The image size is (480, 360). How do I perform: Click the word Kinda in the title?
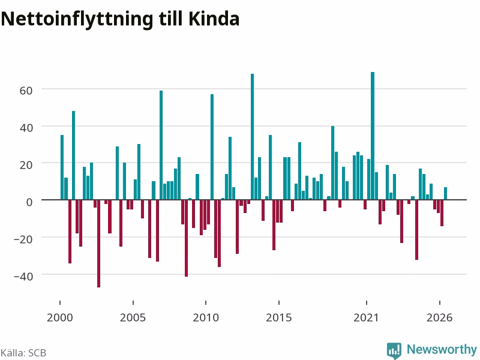(214, 19)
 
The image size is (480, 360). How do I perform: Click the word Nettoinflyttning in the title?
(77, 20)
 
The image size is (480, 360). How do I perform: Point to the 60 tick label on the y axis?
(26, 91)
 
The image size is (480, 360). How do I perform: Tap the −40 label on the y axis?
(23, 277)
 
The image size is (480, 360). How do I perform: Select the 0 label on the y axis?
(29, 202)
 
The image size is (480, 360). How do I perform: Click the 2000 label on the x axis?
(59, 317)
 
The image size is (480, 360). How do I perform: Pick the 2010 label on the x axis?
(206, 317)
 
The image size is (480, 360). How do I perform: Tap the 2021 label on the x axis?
(366, 317)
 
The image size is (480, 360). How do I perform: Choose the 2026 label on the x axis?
(439, 317)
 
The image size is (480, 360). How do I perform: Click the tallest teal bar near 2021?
(373, 136)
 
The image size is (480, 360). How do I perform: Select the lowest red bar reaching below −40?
(98, 244)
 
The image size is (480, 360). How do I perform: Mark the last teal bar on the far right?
(445, 193)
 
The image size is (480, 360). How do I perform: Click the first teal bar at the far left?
(62, 167)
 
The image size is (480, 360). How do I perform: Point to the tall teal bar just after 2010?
(212, 147)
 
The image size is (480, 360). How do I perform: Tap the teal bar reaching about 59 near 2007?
(161, 145)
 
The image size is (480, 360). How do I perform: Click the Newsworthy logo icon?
(394, 350)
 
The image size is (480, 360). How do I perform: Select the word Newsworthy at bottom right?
(442, 349)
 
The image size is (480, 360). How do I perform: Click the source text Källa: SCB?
(23, 353)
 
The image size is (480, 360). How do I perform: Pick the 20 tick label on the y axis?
(26, 165)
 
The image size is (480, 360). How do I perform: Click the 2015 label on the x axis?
(278, 317)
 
